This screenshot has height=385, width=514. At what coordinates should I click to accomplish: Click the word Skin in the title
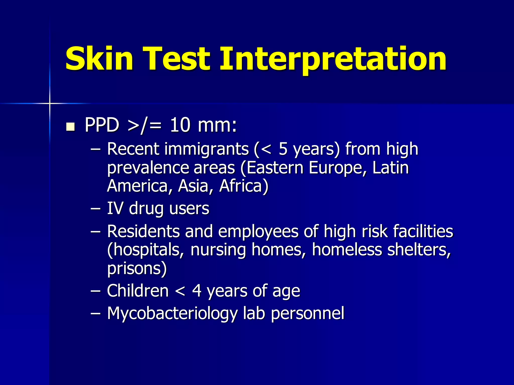99,59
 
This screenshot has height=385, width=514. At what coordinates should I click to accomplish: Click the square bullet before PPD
71,127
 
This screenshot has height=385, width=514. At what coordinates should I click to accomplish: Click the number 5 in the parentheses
283,149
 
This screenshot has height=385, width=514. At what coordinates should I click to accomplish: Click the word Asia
193,186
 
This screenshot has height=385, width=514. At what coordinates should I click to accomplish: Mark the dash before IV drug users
96,209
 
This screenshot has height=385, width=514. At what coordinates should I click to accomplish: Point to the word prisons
137,269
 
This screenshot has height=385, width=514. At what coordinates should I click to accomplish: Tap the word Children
138,291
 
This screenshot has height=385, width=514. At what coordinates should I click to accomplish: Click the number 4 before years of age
197,291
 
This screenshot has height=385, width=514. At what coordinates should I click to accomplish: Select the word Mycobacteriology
172,313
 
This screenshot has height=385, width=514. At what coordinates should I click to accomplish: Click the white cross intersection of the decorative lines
50,103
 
